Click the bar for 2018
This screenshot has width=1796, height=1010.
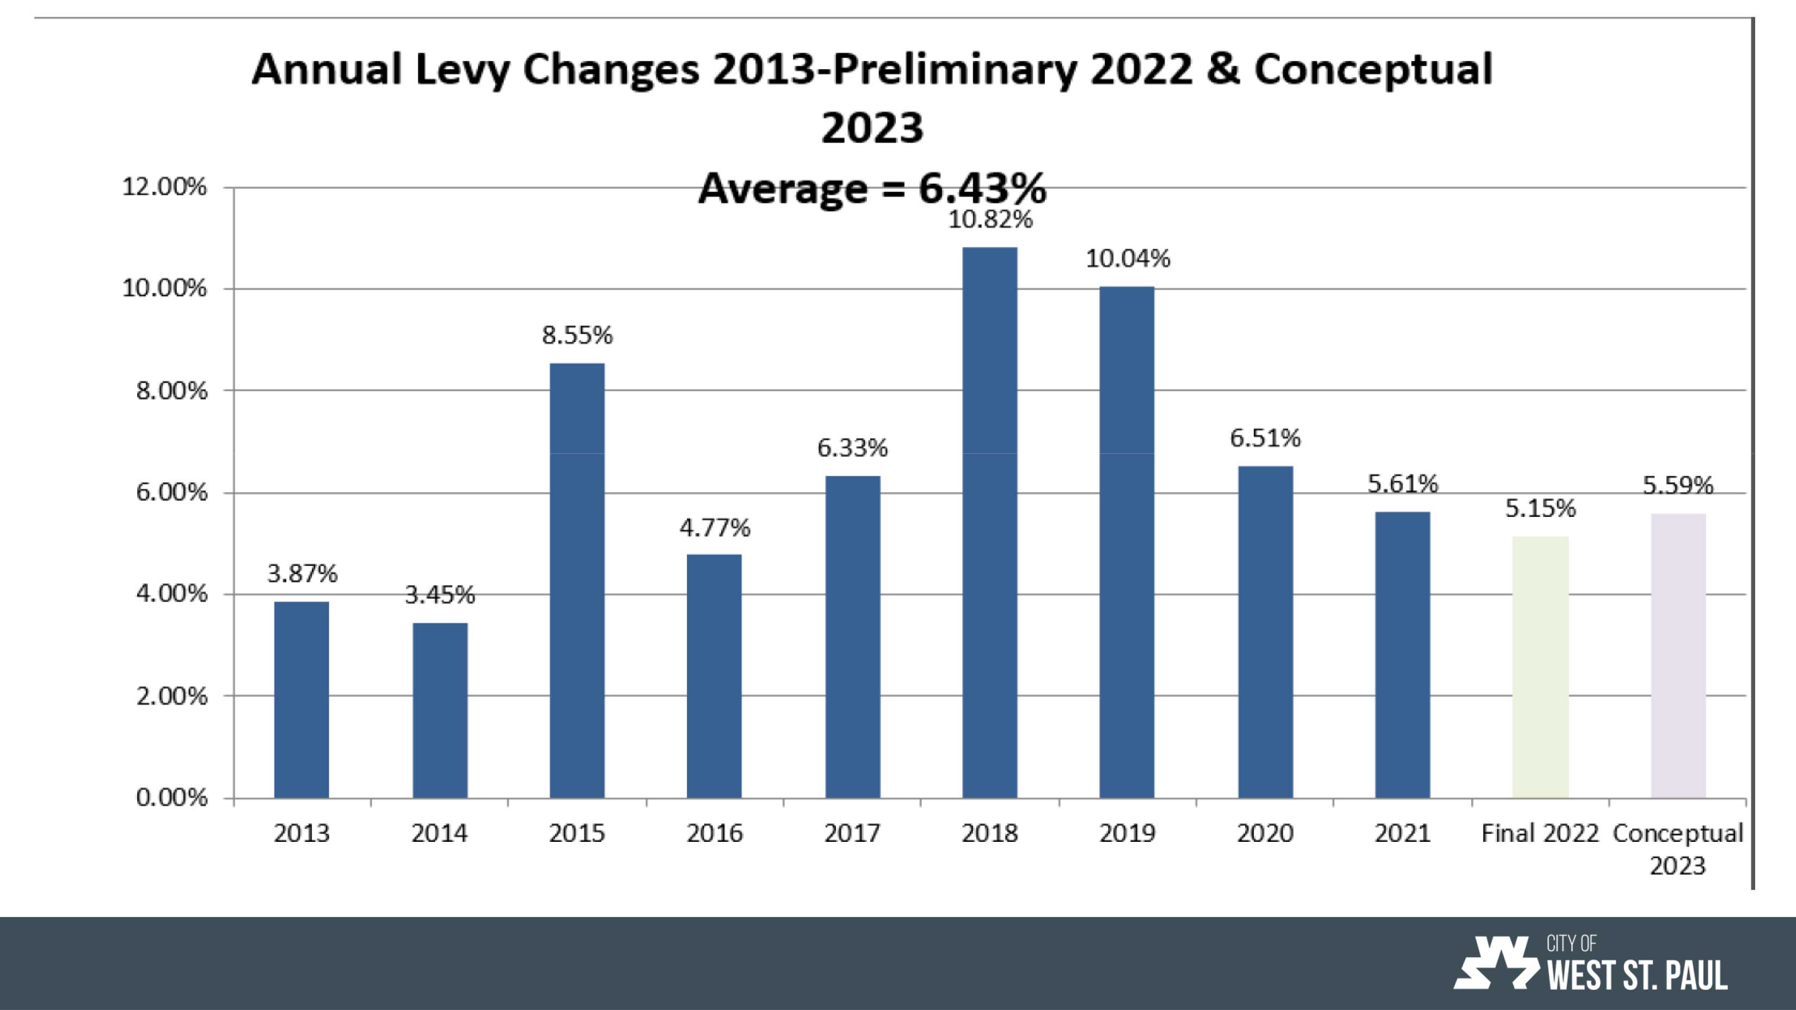[x=989, y=523]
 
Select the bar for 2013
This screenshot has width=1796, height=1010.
[x=301, y=700]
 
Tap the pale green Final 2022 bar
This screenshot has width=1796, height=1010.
[x=1540, y=667]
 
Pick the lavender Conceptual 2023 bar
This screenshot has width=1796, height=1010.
[x=1678, y=656]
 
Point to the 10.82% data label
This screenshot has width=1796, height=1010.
[x=989, y=219]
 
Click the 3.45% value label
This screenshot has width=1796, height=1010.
[x=439, y=595]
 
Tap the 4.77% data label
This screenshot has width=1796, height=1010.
[x=715, y=528]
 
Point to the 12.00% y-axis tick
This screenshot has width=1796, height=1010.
[x=164, y=187]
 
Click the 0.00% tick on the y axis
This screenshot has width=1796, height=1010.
[x=171, y=797]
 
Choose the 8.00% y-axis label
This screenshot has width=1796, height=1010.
[x=171, y=391]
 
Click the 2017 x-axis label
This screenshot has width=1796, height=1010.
[x=852, y=833]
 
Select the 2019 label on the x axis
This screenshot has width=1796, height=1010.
[x=1127, y=833]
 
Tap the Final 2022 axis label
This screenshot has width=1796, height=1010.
[x=1540, y=833]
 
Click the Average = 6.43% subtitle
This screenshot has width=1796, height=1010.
[x=872, y=188]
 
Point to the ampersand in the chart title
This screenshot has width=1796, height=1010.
[x=1222, y=70]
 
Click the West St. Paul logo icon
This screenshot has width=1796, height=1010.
[x=1495, y=963]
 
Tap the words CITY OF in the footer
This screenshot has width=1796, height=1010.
[x=1571, y=944]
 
